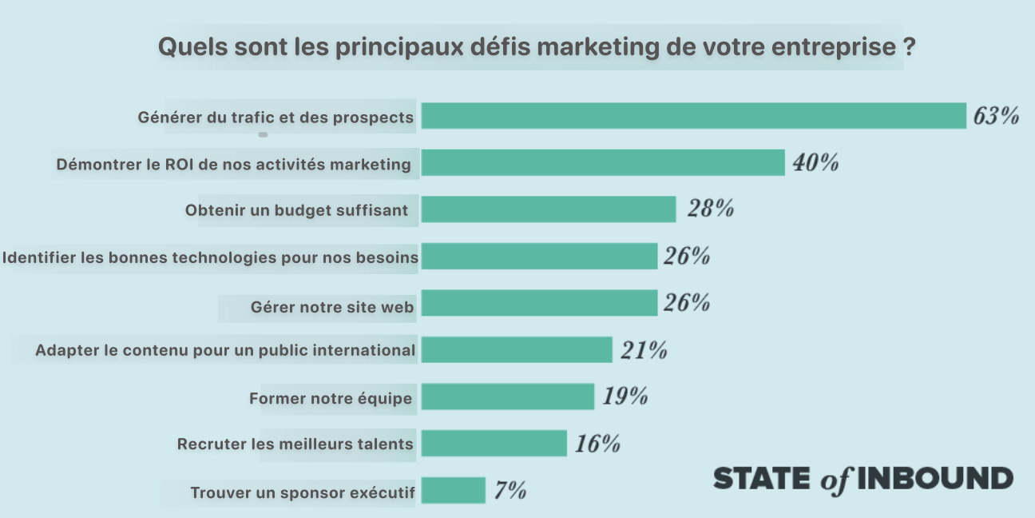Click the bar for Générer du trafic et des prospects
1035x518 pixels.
pyautogui.click(x=693, y=116)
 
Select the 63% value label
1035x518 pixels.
pyautogui.click(x=996, y=117)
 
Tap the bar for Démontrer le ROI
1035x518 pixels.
pyautogui.click(x=603, y=162)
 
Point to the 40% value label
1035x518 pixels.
pyautogui.click(x=815, y=163)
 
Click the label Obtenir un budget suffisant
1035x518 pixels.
pyautogui.click(x=296, y=211)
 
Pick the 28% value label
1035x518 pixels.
pyautogui.click(x=710, y=209)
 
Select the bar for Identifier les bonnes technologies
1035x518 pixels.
pyautogui.click(x=539, y=256)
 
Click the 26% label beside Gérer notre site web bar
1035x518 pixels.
pyautogui.click(x=686, y=303)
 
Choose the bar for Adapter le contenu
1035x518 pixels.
pyautogui.click(x=517, y=349)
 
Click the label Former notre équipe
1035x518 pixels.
pyautogui.click(x=331, y=398)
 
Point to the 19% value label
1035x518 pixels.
pyautogui.click(x=625, y=396)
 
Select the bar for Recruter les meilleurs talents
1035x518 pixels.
pyautogui.click(x=494, y=443)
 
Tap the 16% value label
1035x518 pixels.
pyautogui.click(x=597, y=444)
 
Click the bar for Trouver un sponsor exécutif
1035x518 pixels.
pyautogui.click(x=453, y=490)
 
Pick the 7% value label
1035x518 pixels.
pyautogui.click(x=510, y=490)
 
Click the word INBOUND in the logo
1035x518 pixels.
pyautogui.click(x=935, y=478)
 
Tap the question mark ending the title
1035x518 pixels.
pyautogui.click(x=909, y=46)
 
